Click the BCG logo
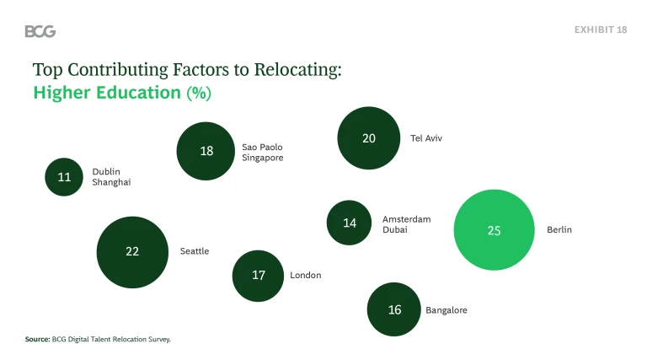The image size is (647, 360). point(40,31)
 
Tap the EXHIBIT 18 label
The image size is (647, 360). point(601,30)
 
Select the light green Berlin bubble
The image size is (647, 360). point(494,230)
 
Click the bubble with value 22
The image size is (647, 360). point(132,251)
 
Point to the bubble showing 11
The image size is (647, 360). point(64,177)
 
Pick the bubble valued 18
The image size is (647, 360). point(206,152)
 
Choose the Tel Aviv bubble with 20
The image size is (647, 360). point(368,138)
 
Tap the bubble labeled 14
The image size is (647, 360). point(350,223)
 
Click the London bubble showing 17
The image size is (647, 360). point(259,275)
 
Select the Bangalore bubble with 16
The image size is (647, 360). point(394,309)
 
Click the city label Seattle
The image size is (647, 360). point(195,251)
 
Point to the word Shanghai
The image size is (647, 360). point(111,182)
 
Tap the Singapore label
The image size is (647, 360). point(263,158)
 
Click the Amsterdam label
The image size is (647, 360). point(406,219)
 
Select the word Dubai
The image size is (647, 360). point(395,229)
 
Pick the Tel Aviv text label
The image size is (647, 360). point(426,138)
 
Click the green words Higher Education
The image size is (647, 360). point(107,93)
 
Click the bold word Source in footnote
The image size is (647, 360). point(38,339)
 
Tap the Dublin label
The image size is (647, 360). point(106,172)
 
